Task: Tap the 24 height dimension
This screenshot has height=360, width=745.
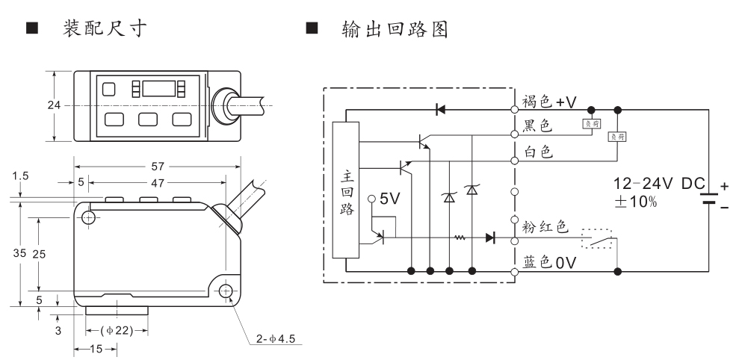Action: tap(54, 105)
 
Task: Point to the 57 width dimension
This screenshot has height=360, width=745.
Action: tap(157, 166)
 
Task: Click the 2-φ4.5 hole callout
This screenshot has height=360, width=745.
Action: tap(275, 340)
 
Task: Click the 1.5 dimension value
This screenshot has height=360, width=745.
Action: tap(20, 176)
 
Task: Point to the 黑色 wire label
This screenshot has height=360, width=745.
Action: tap(537, 126)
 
